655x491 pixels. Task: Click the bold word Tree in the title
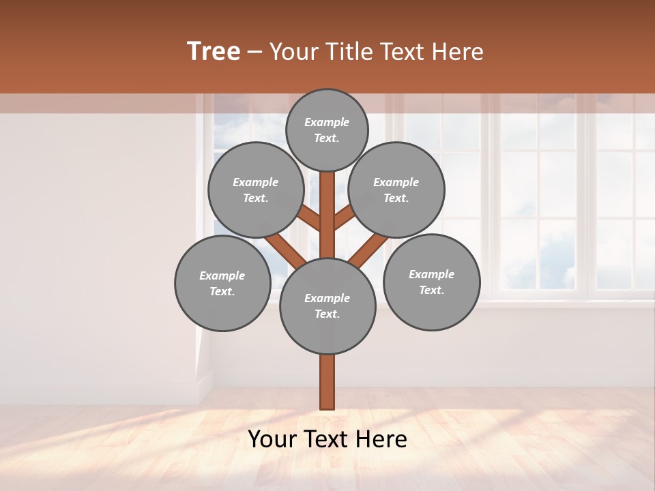click(x=214, y=51)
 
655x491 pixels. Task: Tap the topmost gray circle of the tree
click(x=327, y=130)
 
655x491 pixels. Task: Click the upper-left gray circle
click(x=256, y=190)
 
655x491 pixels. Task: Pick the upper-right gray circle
click(x=396, y=190)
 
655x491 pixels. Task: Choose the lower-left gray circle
click(x=222, y=283)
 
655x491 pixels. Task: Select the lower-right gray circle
click(x=431, y=282)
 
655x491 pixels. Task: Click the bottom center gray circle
click(x=327, y=306)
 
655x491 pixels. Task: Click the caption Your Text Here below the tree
click(x=327, y=439)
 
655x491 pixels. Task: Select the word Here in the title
click(x=458, y=51)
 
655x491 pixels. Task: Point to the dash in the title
click(x=255, y=51)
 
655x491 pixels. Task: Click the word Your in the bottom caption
click(x=272, y=439)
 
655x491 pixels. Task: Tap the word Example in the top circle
click(x=327, y=122)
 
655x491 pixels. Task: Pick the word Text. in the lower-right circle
click(x=431, y=290)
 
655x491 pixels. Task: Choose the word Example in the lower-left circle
click(x=222, y=276)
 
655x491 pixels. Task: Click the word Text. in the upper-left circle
click(x=256, y=198)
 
